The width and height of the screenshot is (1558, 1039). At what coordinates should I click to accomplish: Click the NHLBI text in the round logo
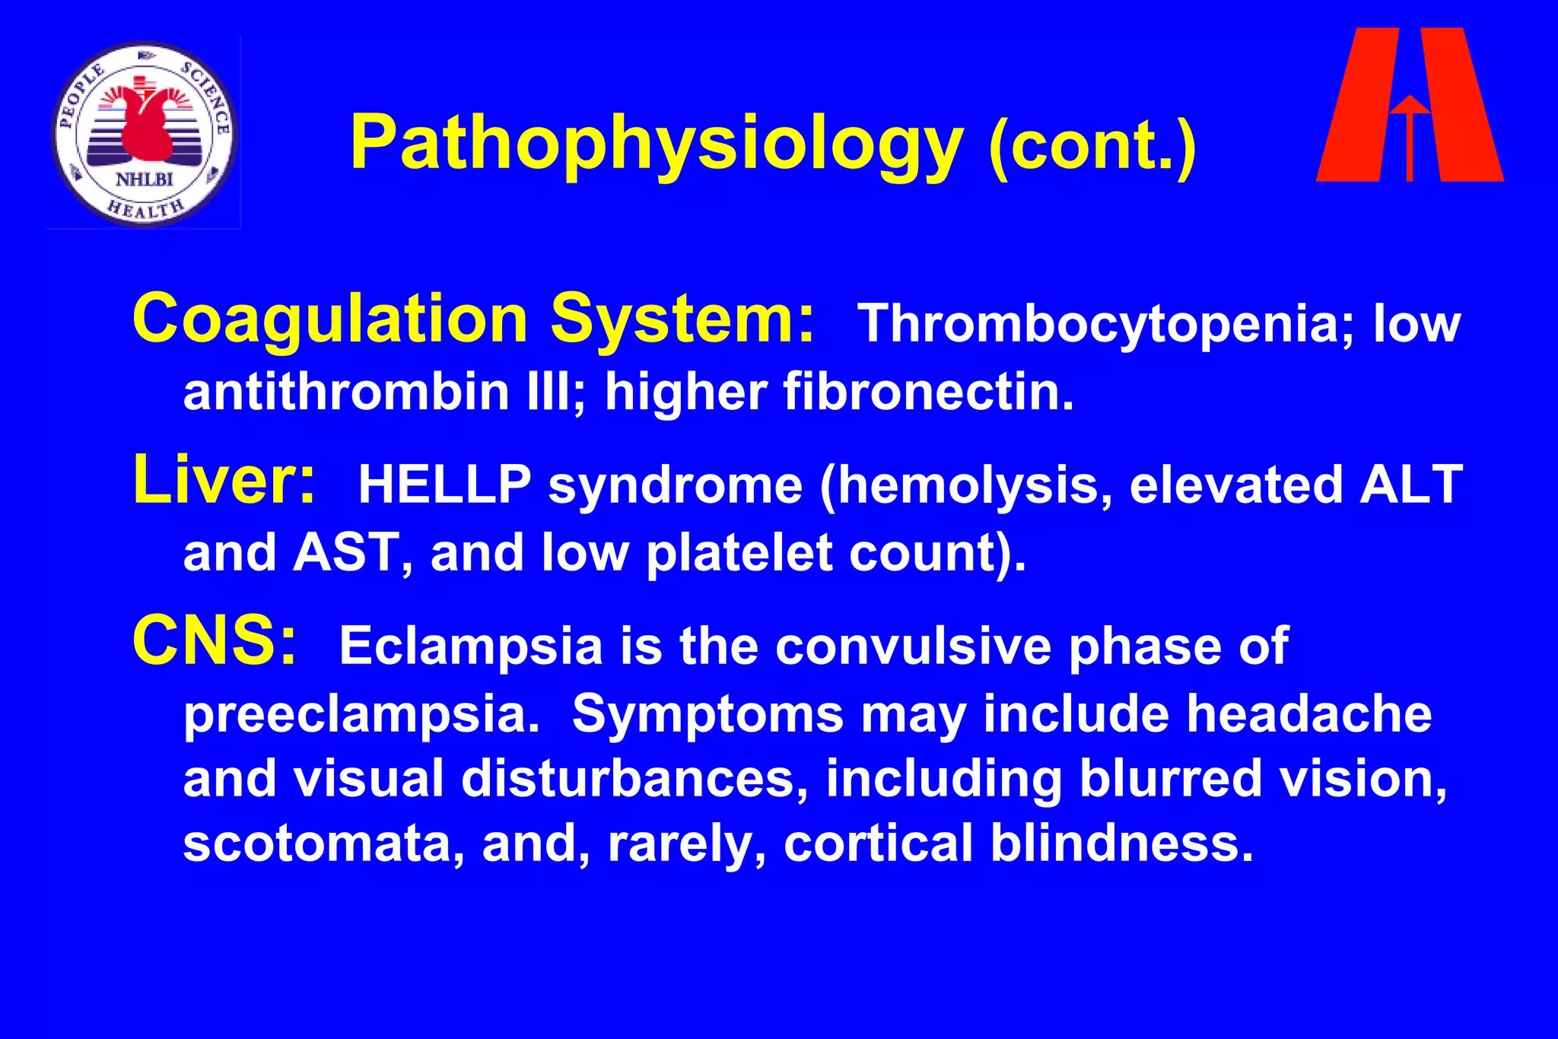144,180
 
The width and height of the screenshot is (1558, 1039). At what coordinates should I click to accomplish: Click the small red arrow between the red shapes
1410,133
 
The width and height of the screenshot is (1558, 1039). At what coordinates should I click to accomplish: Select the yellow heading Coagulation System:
473,319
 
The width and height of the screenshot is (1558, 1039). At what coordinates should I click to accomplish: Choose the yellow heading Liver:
224,480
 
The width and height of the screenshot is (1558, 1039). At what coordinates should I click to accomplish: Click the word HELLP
444,485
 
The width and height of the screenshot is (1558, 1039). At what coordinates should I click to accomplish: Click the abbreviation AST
344,552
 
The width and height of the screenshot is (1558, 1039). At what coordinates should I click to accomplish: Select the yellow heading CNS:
214,641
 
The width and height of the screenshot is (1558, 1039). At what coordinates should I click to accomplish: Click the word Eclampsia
471,646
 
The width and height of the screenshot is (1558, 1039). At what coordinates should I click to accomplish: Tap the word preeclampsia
361,714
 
